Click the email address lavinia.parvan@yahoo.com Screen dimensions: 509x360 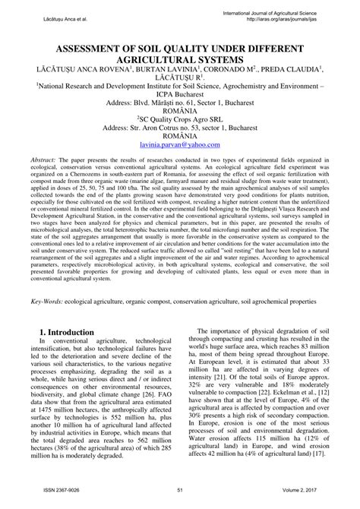tap(179, 145)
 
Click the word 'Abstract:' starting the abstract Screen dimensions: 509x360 tap(46, 161)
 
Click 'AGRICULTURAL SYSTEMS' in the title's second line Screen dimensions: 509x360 tap(179, 58)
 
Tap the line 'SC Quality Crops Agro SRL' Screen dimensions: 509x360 tap(179, 118)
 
